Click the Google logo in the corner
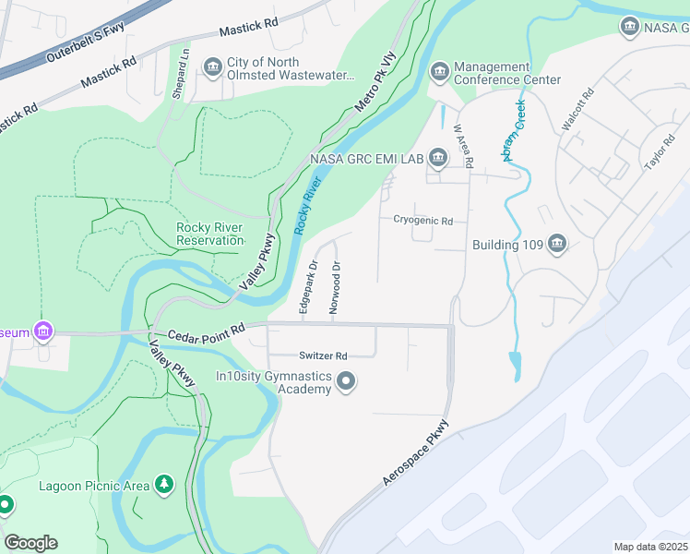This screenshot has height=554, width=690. (x=30, y=543)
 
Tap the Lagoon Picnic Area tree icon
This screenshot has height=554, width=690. (x=164, y=484)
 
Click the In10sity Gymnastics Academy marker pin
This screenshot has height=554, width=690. (x=346, y=381)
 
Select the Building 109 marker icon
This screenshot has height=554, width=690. (x=556, y=245)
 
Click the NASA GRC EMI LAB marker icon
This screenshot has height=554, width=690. (x=437, y=159)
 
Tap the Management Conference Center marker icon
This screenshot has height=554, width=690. (x=439, y=71)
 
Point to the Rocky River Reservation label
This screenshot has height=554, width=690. (x=209, y=235)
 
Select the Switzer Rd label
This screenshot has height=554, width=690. (x=322, y=355)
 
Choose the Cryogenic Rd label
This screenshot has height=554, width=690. (x=422, y=221)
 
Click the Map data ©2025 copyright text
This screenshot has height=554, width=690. (x=651, y=547)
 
